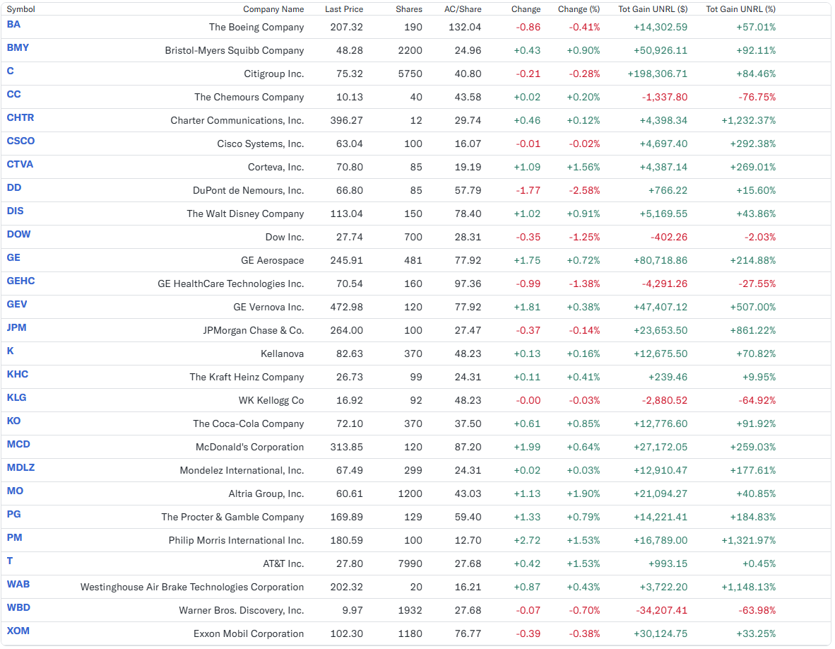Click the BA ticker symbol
[13, 25]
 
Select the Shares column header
[409, 9]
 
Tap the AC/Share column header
[463, 9]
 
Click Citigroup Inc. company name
[273, 74]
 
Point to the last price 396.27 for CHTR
[347, 120]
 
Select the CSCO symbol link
[20, 141]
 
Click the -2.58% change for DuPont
[584, 190]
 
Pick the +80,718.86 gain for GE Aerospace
[661, 261]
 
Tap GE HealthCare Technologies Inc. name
[230, 284]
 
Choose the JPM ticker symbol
[16, 328]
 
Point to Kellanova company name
[283, 353]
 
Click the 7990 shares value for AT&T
[410, 563]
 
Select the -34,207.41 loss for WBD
[661, 610]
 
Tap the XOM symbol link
[18, 631]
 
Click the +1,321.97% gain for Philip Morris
[749, 540]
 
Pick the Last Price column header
[344, 9]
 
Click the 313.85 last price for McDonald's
[347, 447]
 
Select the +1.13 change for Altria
[527, 494]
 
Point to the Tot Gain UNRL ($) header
[653, 9]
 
